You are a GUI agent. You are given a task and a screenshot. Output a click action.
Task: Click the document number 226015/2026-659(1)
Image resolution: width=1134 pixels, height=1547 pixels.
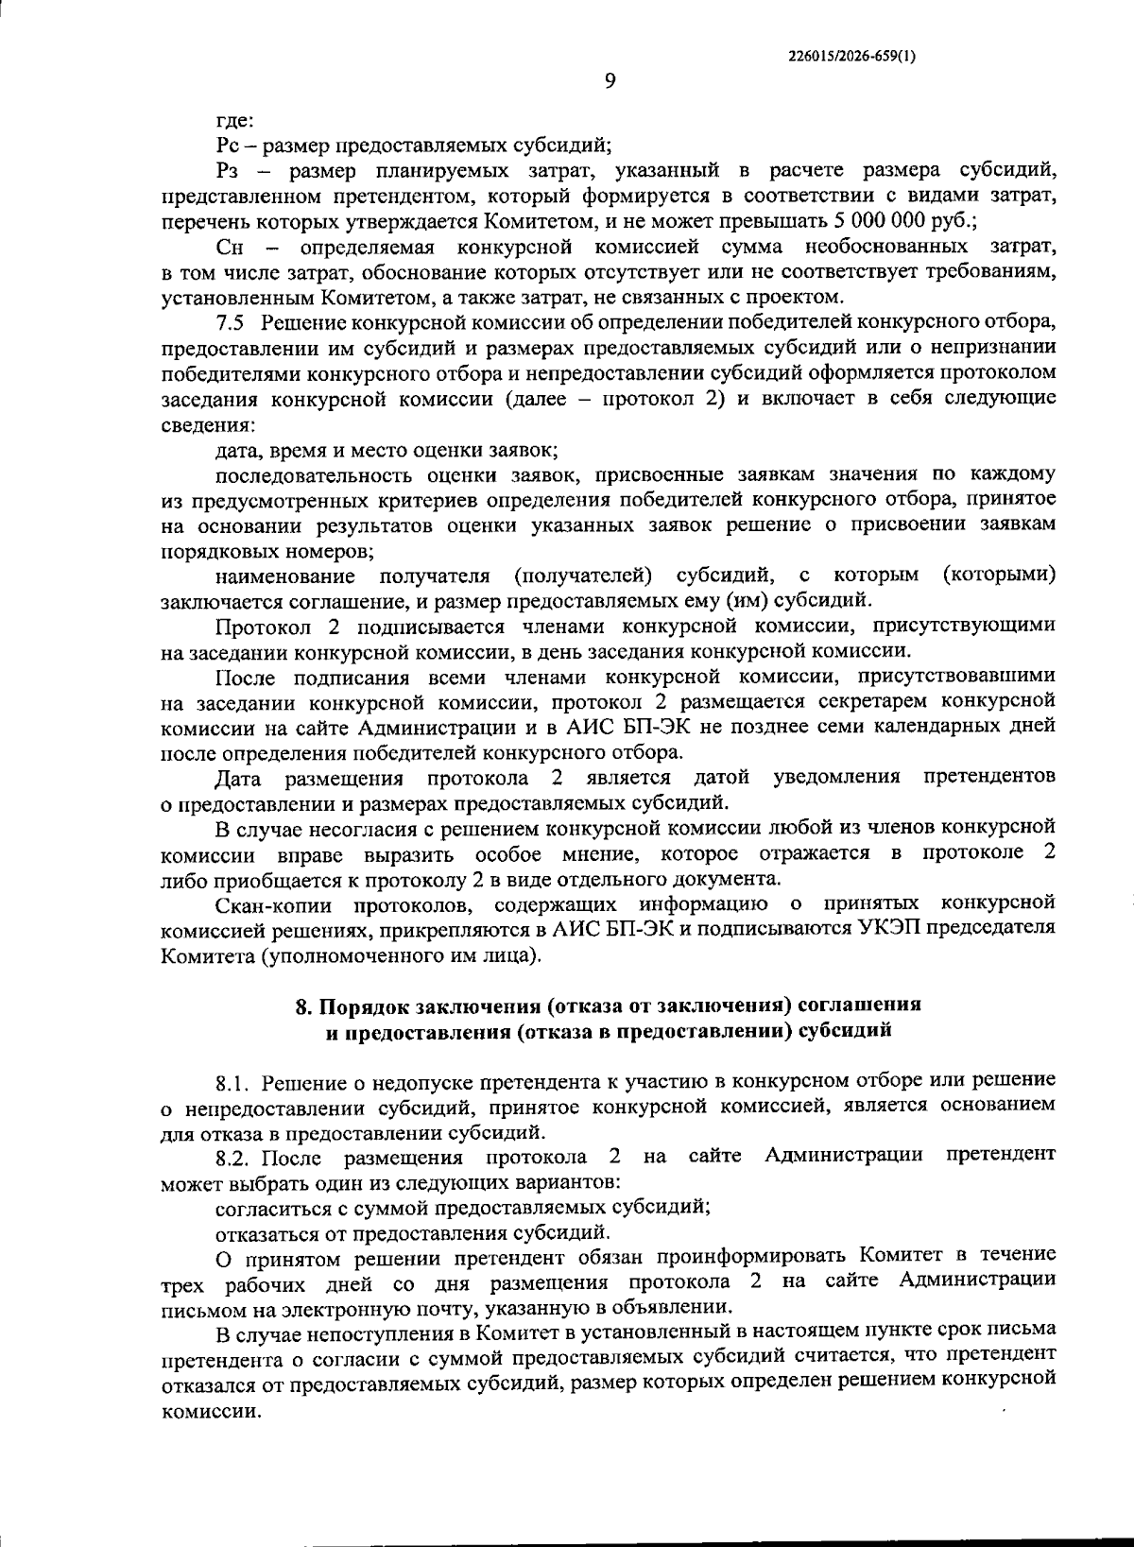(850, 56)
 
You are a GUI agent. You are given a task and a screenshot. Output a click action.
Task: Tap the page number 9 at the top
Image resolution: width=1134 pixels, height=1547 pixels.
(610, 81)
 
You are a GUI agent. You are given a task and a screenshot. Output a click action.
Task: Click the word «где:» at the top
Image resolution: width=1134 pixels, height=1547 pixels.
(232, 121)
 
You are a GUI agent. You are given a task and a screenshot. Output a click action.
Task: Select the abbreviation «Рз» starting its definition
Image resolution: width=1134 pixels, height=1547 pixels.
(230, 171)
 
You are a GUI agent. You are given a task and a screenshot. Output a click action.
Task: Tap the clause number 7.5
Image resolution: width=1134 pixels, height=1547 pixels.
(231, 322)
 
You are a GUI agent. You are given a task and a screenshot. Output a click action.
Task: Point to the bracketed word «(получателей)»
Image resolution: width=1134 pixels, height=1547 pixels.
(583, 575)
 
